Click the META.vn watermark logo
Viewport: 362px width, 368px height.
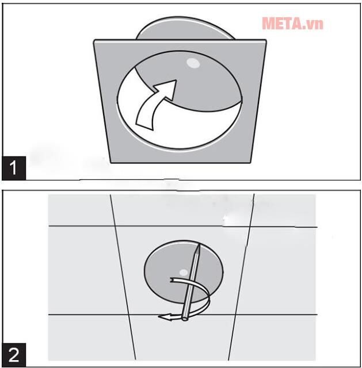[x=293, y=24]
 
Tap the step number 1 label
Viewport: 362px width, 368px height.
[x=14, y=168]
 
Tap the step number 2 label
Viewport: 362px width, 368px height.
[x=14, y=355]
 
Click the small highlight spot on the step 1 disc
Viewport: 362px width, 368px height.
[x=193, y=63]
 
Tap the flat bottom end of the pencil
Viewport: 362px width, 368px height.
[x=185, y=319]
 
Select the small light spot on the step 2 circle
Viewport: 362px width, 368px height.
[x=184, y=273]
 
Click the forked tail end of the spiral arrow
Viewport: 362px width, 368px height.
[x=173, y=280]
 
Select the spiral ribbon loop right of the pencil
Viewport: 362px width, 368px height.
[x=207, y=298]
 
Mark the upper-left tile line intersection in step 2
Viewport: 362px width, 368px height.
[x=115, y=226]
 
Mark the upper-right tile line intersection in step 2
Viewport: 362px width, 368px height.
[x=250, y=227]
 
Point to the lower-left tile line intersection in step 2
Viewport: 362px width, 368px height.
[x=128, y=315]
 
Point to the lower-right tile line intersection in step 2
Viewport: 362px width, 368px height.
[x=235, y=315]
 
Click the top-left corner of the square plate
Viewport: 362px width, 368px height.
[x=94, y=40]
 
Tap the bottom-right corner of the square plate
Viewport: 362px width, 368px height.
[x=250, y=162]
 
